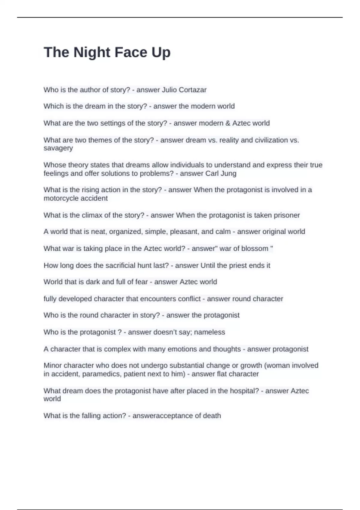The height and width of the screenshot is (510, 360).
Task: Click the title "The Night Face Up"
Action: coord(107,52)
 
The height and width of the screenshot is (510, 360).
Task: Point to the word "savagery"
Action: coord(58,148)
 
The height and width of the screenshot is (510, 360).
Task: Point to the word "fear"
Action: coord(141,282)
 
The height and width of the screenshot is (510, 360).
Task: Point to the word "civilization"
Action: coord(271,140)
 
